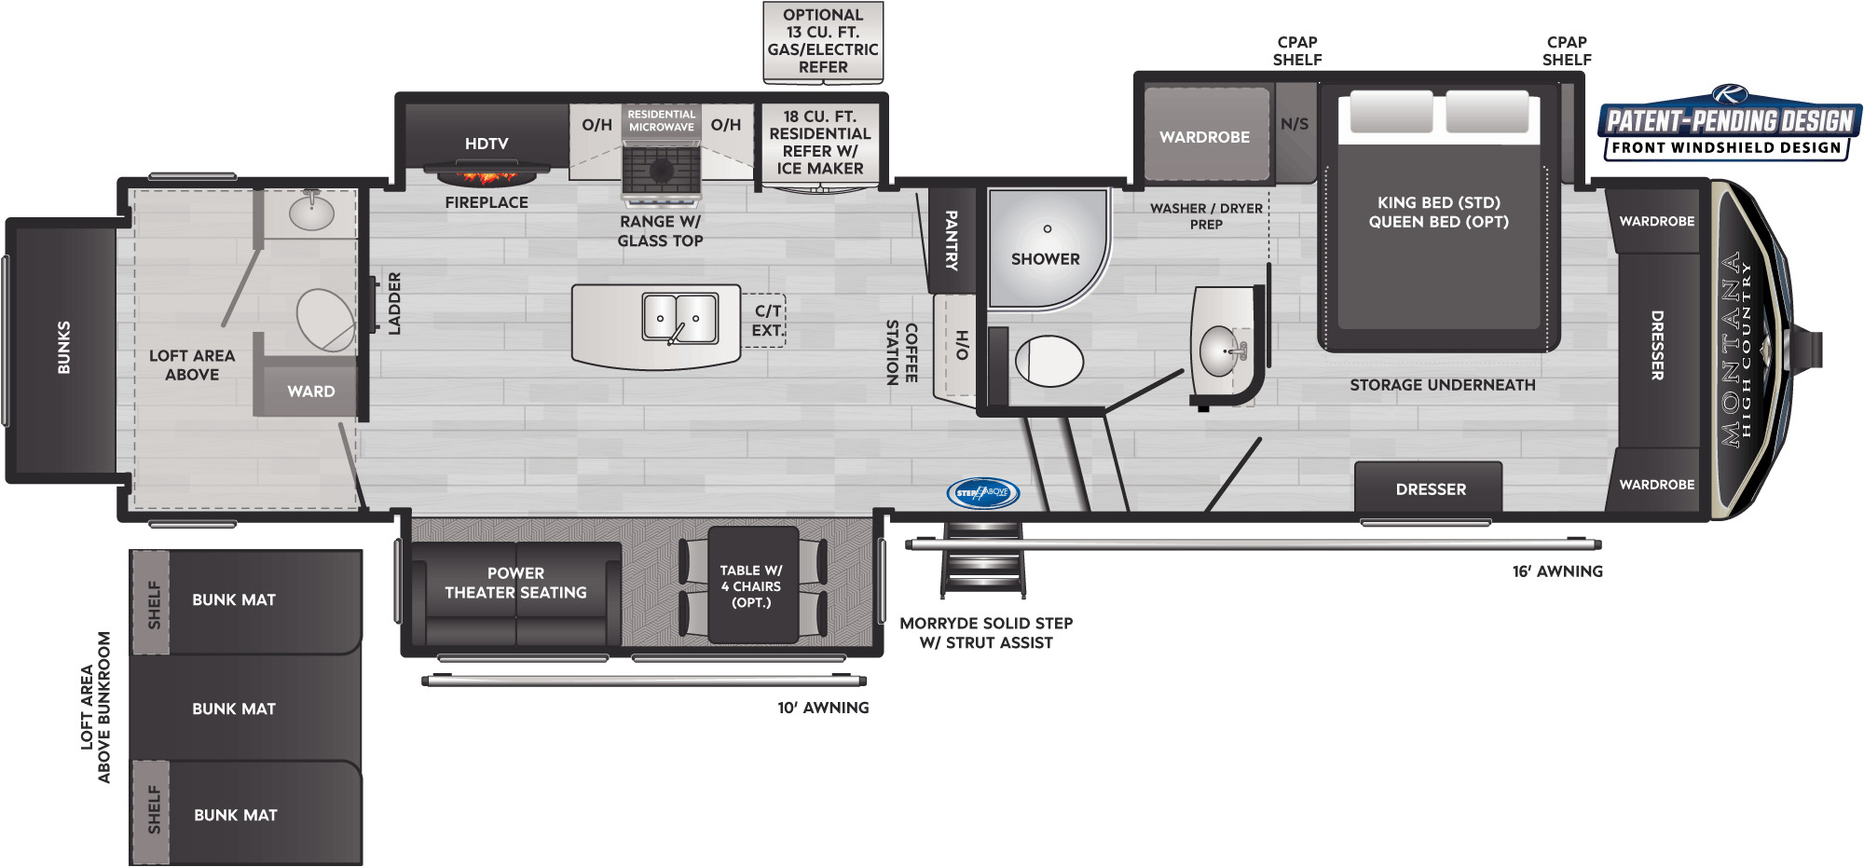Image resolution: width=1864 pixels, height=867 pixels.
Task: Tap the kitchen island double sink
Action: tap(680, 317)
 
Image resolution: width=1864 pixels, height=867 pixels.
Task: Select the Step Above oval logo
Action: tap(983, 492)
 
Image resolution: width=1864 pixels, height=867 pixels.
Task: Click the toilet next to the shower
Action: tap(1048, 361)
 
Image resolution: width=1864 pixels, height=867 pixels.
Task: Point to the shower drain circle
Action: tap(1048, 228)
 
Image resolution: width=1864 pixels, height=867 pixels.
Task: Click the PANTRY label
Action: tap(952, 240)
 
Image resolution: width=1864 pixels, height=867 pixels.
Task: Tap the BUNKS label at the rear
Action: tap(63, 348)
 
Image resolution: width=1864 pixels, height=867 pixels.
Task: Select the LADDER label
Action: tap(394, 303)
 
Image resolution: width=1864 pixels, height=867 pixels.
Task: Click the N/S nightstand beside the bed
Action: tap(1295, 124)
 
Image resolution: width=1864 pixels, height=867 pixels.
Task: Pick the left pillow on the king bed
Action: tap(1391, 112)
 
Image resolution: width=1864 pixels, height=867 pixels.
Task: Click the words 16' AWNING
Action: tap(1557, 571)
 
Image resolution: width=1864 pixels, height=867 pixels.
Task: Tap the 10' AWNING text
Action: tap(823, 708)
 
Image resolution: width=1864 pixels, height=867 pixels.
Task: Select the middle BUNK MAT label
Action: tap(234, 709)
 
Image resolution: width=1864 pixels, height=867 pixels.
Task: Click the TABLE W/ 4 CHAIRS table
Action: tap(752, 585)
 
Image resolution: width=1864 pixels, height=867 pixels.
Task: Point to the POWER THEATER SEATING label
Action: tap(515, 583)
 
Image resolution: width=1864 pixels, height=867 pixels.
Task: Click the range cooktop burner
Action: tap(661, 171)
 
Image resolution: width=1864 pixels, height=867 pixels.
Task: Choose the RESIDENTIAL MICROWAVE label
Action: tap(661, 120)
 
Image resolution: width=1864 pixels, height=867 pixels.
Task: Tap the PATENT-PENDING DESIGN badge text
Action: tap(1730, 121)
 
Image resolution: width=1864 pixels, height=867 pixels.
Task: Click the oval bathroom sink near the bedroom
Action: tap(1221, 351)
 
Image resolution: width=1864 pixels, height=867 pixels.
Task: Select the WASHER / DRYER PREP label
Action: tap(1206, 216)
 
